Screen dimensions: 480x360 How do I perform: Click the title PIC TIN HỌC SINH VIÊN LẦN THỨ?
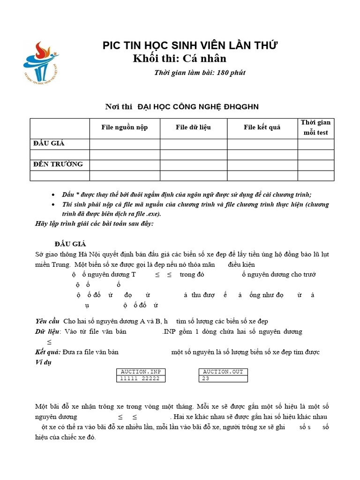(x=190, y=45)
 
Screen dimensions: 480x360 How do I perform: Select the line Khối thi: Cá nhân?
(x=180, y=59)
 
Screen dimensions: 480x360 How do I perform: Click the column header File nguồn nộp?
(x=125, y=127)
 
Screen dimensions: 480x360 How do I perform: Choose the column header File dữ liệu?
(x=193, y=127)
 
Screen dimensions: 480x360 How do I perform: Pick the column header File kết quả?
(x=262, y=127)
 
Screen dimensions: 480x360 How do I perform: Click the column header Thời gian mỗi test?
(x=315, y=127)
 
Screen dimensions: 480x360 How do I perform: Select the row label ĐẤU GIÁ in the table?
(x=49, y=143)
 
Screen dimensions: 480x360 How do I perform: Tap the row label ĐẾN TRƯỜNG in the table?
(x=58, y=164)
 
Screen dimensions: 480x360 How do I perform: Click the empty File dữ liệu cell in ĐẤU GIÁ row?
(x=193, y=143)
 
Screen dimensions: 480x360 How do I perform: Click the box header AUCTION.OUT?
(x=223, y=372)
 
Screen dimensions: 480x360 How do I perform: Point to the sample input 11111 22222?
(x=140, y=379)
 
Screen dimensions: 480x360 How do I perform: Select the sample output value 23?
(x=206, y=379)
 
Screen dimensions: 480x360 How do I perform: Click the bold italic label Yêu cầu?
(x=47, y=321)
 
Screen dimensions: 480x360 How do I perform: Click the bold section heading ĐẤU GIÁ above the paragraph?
(x=70, y=244)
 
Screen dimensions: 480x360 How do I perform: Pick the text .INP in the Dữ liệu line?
(x=171, y=331)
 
